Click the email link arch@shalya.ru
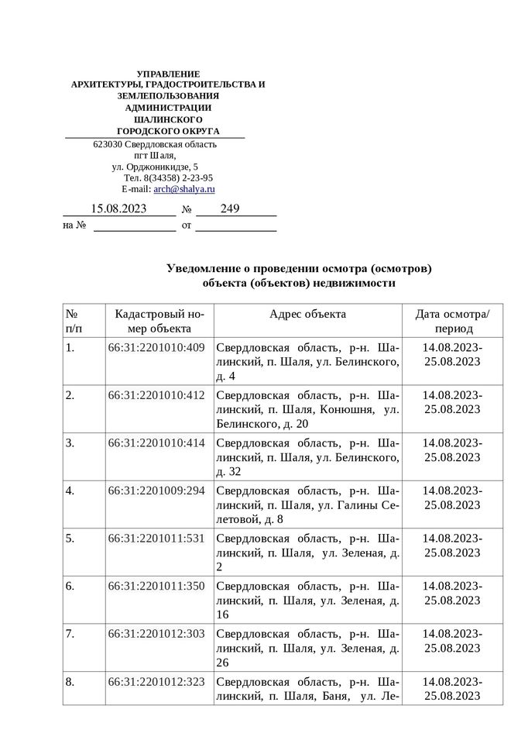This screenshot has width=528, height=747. click(184, 188)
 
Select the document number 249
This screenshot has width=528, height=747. click(230, 208)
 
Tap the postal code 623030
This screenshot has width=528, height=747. click(108, 144)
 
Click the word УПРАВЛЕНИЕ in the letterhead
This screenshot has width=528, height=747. click(167, 73)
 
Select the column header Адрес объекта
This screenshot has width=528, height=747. click(307, 314)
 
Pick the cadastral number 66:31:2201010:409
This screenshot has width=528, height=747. click(156, 347)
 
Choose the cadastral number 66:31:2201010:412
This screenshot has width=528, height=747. click(156, 395)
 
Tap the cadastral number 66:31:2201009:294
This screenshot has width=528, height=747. click(156, 491)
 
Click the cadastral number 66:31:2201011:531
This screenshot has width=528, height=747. click(156, 539)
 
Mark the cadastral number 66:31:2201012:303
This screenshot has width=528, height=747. click(156, 634)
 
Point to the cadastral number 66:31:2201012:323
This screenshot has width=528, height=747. click(156, 682)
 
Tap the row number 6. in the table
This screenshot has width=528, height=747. click(70, 586)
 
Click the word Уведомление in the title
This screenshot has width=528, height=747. click(202, 268)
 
